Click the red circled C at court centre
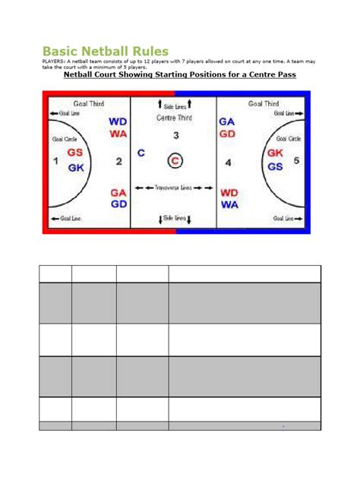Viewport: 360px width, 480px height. pos(175,160)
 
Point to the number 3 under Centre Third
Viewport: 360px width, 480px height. pos(175,136)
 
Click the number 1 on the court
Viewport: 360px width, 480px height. pos(55,161)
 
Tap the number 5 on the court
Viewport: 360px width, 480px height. pos(297,160)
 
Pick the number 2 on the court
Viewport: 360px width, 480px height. pos(118,162)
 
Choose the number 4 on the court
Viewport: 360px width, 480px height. pos(229,162)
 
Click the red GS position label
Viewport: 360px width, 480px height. pos(76,153)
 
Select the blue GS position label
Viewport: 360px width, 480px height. pos(275,166)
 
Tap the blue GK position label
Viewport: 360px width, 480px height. pos(76,168)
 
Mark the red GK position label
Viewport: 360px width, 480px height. pos(275,153)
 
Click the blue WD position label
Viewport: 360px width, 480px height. pos(118,122)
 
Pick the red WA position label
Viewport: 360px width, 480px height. pos(118,134)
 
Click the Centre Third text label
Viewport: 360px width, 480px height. pos(175,118)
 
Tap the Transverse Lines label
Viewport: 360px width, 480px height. pos(174,188)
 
